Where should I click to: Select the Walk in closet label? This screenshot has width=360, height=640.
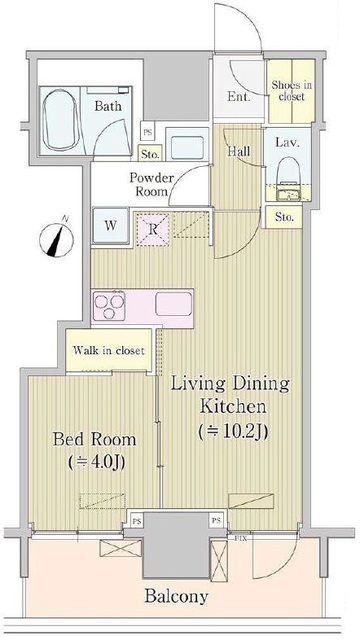point(108,351)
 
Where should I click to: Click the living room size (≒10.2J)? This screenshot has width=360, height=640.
point(230,431)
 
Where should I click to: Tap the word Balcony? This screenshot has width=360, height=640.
point(176,597)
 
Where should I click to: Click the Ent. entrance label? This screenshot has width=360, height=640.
point(239,97)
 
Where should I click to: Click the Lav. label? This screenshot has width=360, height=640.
point(283,143)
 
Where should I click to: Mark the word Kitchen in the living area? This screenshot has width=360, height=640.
point(230,407)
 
